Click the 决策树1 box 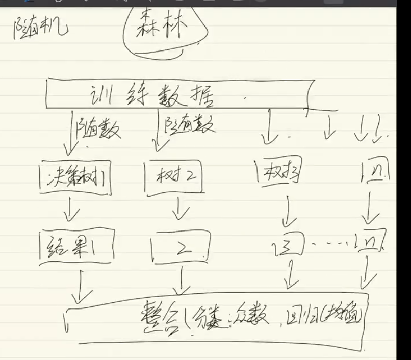(x=75, y=177)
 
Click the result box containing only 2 (x=182, y=249)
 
